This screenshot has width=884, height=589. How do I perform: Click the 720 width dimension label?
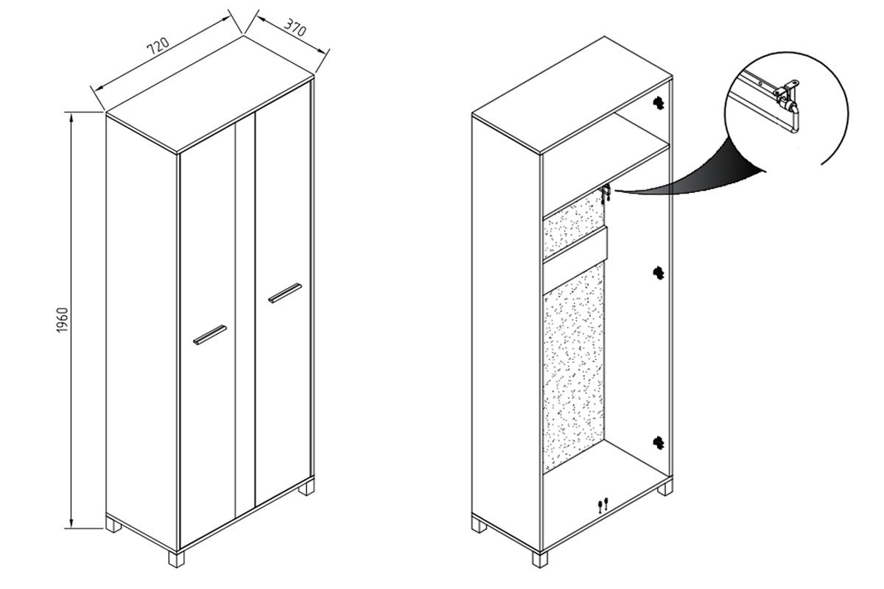pos(158,46)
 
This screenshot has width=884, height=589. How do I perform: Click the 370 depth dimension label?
pos(295,27)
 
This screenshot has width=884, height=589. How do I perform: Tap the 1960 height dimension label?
pos(63,320)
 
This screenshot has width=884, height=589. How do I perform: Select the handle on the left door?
pos(210,335)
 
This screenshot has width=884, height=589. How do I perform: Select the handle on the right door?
pos(285,293)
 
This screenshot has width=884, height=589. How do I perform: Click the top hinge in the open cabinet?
pos(659,103)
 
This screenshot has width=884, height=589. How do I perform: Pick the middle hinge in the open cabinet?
pos(659,272)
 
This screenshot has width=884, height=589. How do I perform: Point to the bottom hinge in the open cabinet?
pos(659,443)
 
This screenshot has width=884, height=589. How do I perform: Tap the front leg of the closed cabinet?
pos(176,559)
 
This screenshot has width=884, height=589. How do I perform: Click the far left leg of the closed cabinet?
pos(113,526)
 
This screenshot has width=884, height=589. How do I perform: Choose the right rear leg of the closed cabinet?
pos(306,487)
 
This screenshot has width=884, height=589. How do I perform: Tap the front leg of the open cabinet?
pos(540,559)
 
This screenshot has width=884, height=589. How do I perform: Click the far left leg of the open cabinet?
pos(480,526)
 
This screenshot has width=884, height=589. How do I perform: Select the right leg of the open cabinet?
pos(665,487)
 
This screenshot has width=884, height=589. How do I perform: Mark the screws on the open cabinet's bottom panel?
pos(603,505)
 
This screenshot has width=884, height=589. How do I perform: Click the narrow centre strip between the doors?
pos(245,316)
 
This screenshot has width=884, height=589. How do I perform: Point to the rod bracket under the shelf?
pos(606,192)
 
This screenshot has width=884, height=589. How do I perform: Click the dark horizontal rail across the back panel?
pos(575,244)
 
